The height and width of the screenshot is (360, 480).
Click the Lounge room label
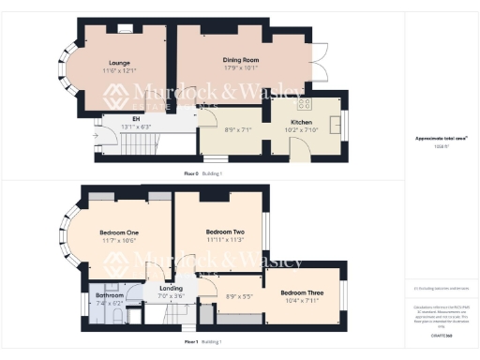[x=119, y=63]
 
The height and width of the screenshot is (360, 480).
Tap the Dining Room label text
[x=242, y=60]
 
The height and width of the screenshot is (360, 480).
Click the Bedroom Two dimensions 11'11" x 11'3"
[x=225, y=239]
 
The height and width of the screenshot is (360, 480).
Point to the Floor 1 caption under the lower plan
[x=190, y=342]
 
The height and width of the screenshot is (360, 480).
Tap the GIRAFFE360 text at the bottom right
[x=441, y=334]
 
